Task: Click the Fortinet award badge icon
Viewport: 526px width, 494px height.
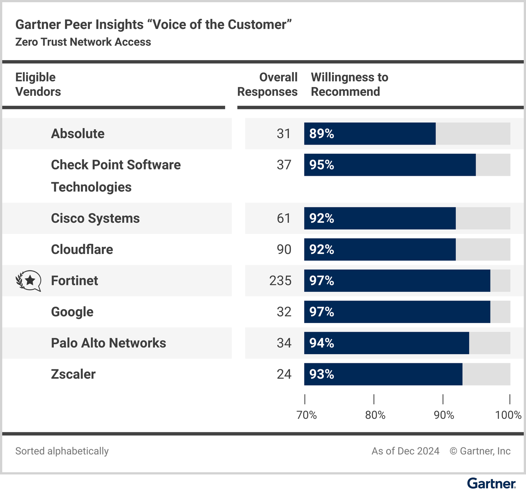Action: click(28, 281)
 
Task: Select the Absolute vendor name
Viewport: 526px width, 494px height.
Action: click(78, 133)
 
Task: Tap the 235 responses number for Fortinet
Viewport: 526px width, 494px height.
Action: click(280, 281)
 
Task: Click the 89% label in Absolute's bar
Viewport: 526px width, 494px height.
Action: click(322, 133)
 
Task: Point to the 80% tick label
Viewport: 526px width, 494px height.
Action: click(375, 415)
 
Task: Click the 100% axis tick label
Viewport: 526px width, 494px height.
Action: click(508, 415)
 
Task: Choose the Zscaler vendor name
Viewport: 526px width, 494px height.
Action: click(73, 374)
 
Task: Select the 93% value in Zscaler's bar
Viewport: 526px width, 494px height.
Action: click(322, 374)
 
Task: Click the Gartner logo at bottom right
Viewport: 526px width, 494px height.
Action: click(491, 483)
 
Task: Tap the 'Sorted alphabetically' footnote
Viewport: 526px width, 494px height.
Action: click(62, 451)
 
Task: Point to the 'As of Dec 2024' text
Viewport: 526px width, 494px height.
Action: click(405, 451)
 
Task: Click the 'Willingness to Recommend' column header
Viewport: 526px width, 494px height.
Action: click(350, 84)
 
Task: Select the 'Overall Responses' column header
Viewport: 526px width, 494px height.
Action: click(267, 84)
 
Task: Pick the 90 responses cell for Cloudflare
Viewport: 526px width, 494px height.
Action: click(284, 249)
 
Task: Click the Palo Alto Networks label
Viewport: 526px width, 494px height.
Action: click(109, 343)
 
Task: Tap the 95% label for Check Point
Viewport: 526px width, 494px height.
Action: click(322, 165)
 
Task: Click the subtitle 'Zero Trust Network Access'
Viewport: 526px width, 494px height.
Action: click(83, 42)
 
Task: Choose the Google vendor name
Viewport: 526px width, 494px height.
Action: click(72, 312)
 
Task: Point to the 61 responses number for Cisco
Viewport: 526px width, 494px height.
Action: click(284, 218)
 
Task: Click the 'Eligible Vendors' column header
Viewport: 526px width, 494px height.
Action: click(38, 84)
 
